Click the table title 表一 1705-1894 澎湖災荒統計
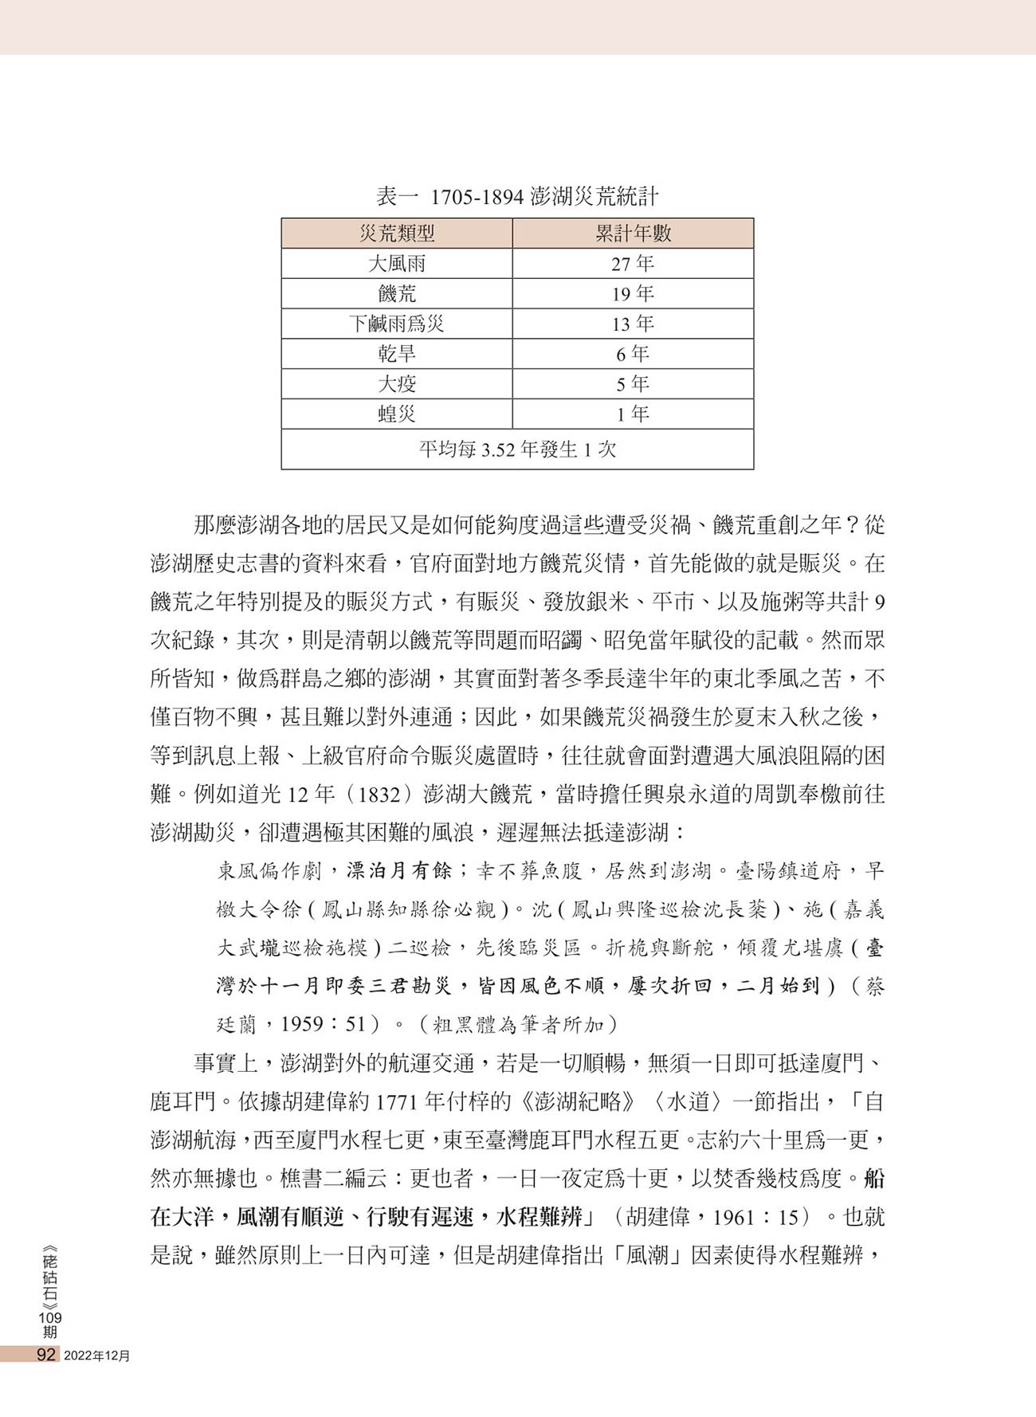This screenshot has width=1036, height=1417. tap(517, 196)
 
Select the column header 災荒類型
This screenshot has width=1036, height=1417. tap(397, 234)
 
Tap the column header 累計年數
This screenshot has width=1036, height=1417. tap(633, 234)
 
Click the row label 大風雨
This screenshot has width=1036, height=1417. tap(397, 264)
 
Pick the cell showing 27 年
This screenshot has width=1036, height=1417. tap(633, 264)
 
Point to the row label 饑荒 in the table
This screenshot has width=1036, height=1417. tap(397, 294)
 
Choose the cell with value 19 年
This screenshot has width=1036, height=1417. tap(633, 294)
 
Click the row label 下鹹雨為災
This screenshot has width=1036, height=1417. tap(397, 324)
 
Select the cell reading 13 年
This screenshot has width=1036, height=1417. tap(633, 324)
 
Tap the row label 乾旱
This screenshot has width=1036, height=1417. tap(397, 354)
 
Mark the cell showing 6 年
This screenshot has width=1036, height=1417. tap(633, 354)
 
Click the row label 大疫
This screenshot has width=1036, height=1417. tap(397, 384)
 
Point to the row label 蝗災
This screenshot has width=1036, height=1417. tap(397, 414)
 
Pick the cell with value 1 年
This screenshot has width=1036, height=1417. tap(633, 414)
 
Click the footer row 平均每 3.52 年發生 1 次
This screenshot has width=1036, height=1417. tap(517, 449)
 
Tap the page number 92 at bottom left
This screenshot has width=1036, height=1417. tap(45, 1355)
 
